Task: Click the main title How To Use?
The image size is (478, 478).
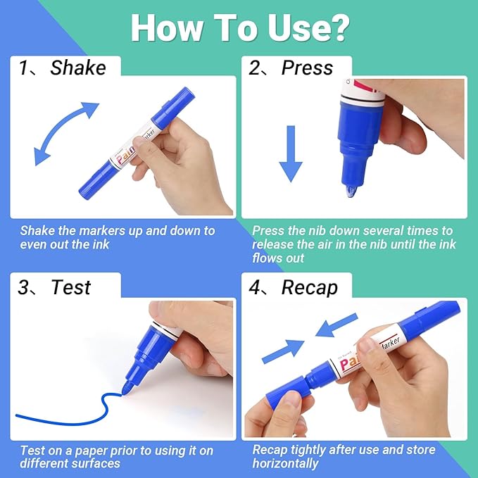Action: tap(239, 27)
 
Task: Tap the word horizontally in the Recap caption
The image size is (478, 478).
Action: tap(285, 463)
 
